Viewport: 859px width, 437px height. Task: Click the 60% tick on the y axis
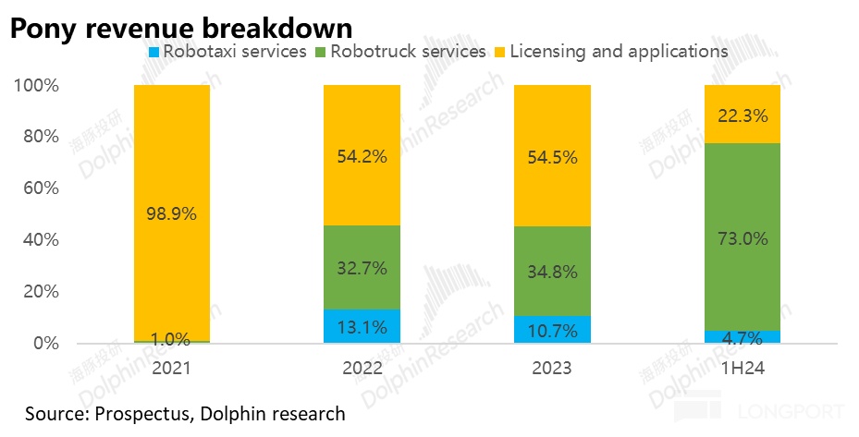coord(39,188)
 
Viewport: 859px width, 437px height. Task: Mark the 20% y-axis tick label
coord(39,291)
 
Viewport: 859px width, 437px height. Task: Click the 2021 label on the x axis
coord(171,367)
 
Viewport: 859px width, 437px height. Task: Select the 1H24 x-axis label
coord(742,367)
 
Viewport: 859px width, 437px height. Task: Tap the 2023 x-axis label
coord(552,367)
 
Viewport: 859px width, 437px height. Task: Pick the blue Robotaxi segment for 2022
coord(362,326)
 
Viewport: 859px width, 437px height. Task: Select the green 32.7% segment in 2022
coord(362,267)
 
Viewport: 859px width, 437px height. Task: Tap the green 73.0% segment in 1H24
coord(742,237)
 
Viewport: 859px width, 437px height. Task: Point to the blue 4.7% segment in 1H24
coord(742,336)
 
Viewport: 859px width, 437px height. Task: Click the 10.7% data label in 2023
coord(552,330)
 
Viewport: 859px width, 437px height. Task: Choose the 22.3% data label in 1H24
coord(742,115)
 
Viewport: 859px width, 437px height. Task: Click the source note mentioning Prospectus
coord(185,413)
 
